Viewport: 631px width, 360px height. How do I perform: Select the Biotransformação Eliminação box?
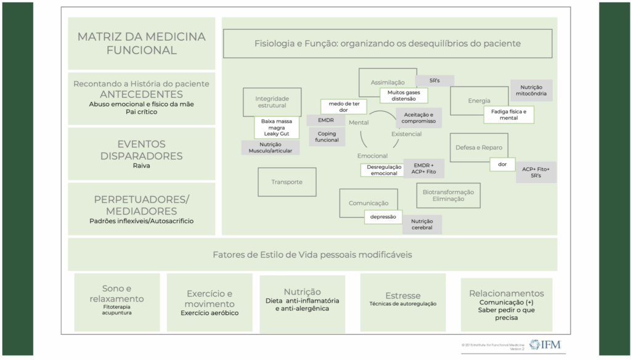448,195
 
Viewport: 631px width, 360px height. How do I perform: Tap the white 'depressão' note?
383,217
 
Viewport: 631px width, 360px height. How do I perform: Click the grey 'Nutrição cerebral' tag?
422,224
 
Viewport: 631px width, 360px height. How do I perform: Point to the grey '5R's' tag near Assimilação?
434,81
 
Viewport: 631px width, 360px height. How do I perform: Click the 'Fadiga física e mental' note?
508,114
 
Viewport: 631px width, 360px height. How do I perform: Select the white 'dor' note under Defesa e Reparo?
502,165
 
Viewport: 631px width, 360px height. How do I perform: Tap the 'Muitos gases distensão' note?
403,95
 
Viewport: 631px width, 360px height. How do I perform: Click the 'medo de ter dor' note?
343,107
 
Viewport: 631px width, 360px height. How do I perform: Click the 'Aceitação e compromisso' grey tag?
418,118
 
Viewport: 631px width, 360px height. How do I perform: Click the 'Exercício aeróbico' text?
210,313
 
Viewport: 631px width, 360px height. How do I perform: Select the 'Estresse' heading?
403,295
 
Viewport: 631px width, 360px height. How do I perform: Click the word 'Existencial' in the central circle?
407,134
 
